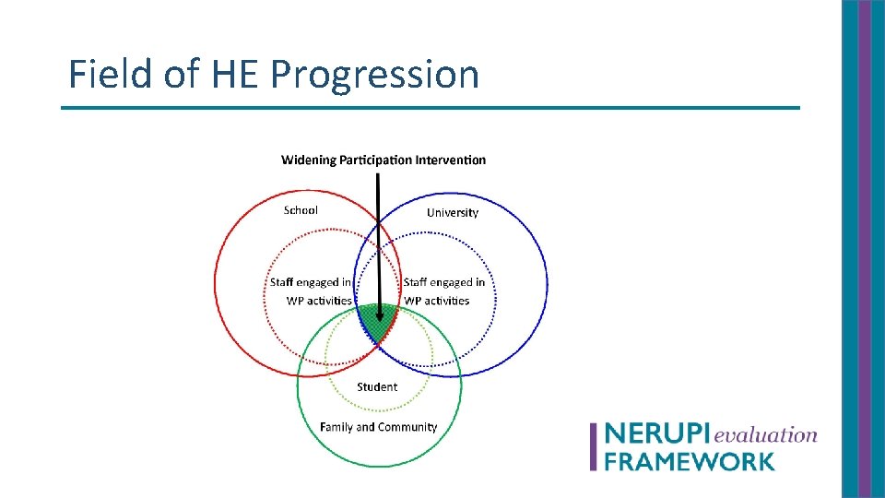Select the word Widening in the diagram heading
point(309,160)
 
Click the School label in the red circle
point(301,210)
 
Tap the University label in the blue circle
point(453,213)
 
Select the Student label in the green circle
point(377,387)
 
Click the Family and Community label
point(378,427)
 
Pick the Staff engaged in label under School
point(310,283)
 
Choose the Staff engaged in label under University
point(444,283)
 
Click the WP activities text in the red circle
point(319,301)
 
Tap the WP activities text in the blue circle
point(437,301)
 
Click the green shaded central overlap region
point(378,321)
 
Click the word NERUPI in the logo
point(657,434)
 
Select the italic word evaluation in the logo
point(765,434)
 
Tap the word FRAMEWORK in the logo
point(690,460)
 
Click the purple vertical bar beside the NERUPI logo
point(594,446)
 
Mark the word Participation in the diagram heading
point(375,160)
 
